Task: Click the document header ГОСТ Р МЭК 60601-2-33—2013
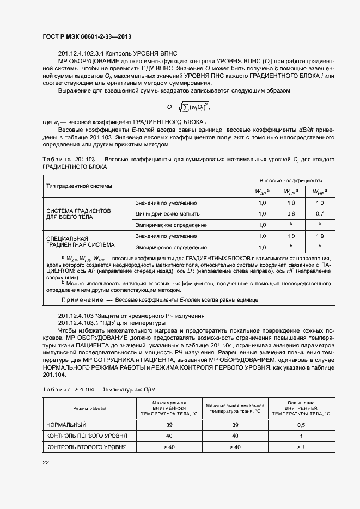click(x=87, y=37)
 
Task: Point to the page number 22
click(x=46, y=462)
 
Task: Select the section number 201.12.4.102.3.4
click(x=80, y=53)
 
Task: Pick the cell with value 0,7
click(x=319, y=213)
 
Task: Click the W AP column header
click(x=261, y=192)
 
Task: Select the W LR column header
click(x=290, y=192)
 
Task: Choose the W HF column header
click(x=319, y=192)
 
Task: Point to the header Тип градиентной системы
click(x=80, y=186)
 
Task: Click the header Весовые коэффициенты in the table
click(x=290, y=180)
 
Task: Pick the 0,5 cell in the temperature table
click(x=301, y=425)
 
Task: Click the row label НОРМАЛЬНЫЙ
click(x=67, y=425)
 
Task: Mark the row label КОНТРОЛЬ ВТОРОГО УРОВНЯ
click(x=87, y=447)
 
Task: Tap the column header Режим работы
click(x=90, y=408)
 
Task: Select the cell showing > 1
click(x=301, y=447)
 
